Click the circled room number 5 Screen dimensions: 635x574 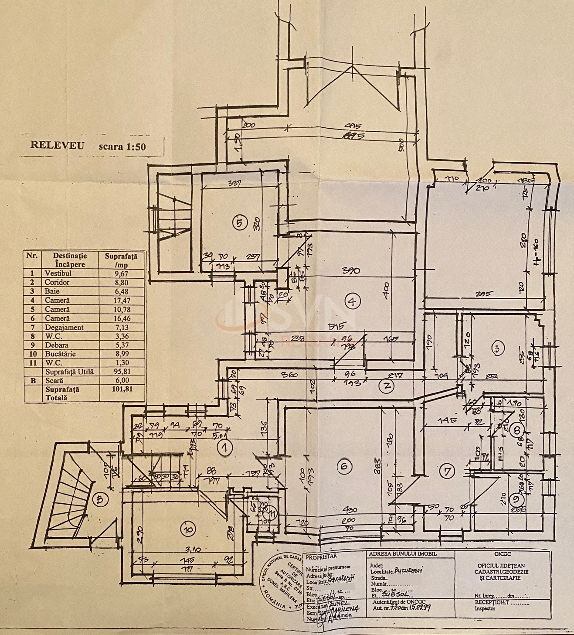click(x=239, y=223)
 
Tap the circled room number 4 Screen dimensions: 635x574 click(x=352, y=300)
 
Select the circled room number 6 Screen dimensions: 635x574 click(x=344, y=467)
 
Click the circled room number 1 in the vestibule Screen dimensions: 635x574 click(x=225, y=447)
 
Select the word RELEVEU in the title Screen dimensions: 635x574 click(x=57, y=145)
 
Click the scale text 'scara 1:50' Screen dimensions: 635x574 click(x=122, y=147)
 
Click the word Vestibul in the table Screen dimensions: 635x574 click(x=58, y=273)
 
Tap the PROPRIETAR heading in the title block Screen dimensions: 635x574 click(x=321, y=556)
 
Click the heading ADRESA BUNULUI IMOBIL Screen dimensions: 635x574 click(x=402, y=554)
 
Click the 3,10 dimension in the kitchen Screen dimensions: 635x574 click(x=192, y=550)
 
